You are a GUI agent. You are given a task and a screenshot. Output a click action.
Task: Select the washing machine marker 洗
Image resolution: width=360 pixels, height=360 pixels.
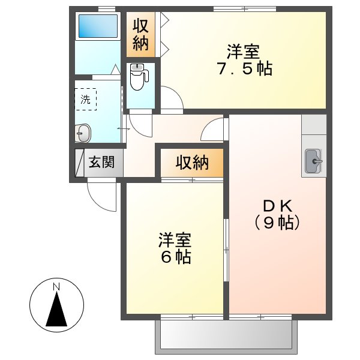click(x=86, y=100)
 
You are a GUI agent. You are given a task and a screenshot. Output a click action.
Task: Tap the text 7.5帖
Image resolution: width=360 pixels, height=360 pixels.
click(x=244, y=69)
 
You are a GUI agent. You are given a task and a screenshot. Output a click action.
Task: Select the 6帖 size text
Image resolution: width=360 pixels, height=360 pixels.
click(x=175, y=258)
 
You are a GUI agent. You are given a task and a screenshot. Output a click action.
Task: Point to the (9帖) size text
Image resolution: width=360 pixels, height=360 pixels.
click(x=277, y=224)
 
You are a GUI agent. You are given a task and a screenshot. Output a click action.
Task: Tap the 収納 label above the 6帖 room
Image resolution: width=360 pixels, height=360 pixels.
click(x=192, y=162)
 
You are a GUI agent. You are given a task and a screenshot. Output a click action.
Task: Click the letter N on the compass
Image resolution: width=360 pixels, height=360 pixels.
click(x=56, y=286)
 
